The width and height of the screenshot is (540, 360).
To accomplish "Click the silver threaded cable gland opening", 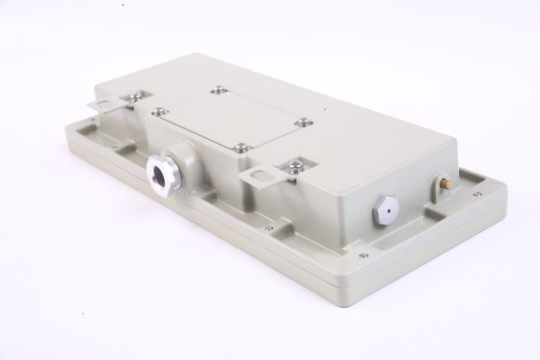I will coord(156,176).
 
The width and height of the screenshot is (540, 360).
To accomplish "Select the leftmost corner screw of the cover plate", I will coord(158,110).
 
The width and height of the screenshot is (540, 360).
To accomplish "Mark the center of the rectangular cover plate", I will coord(231,117).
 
